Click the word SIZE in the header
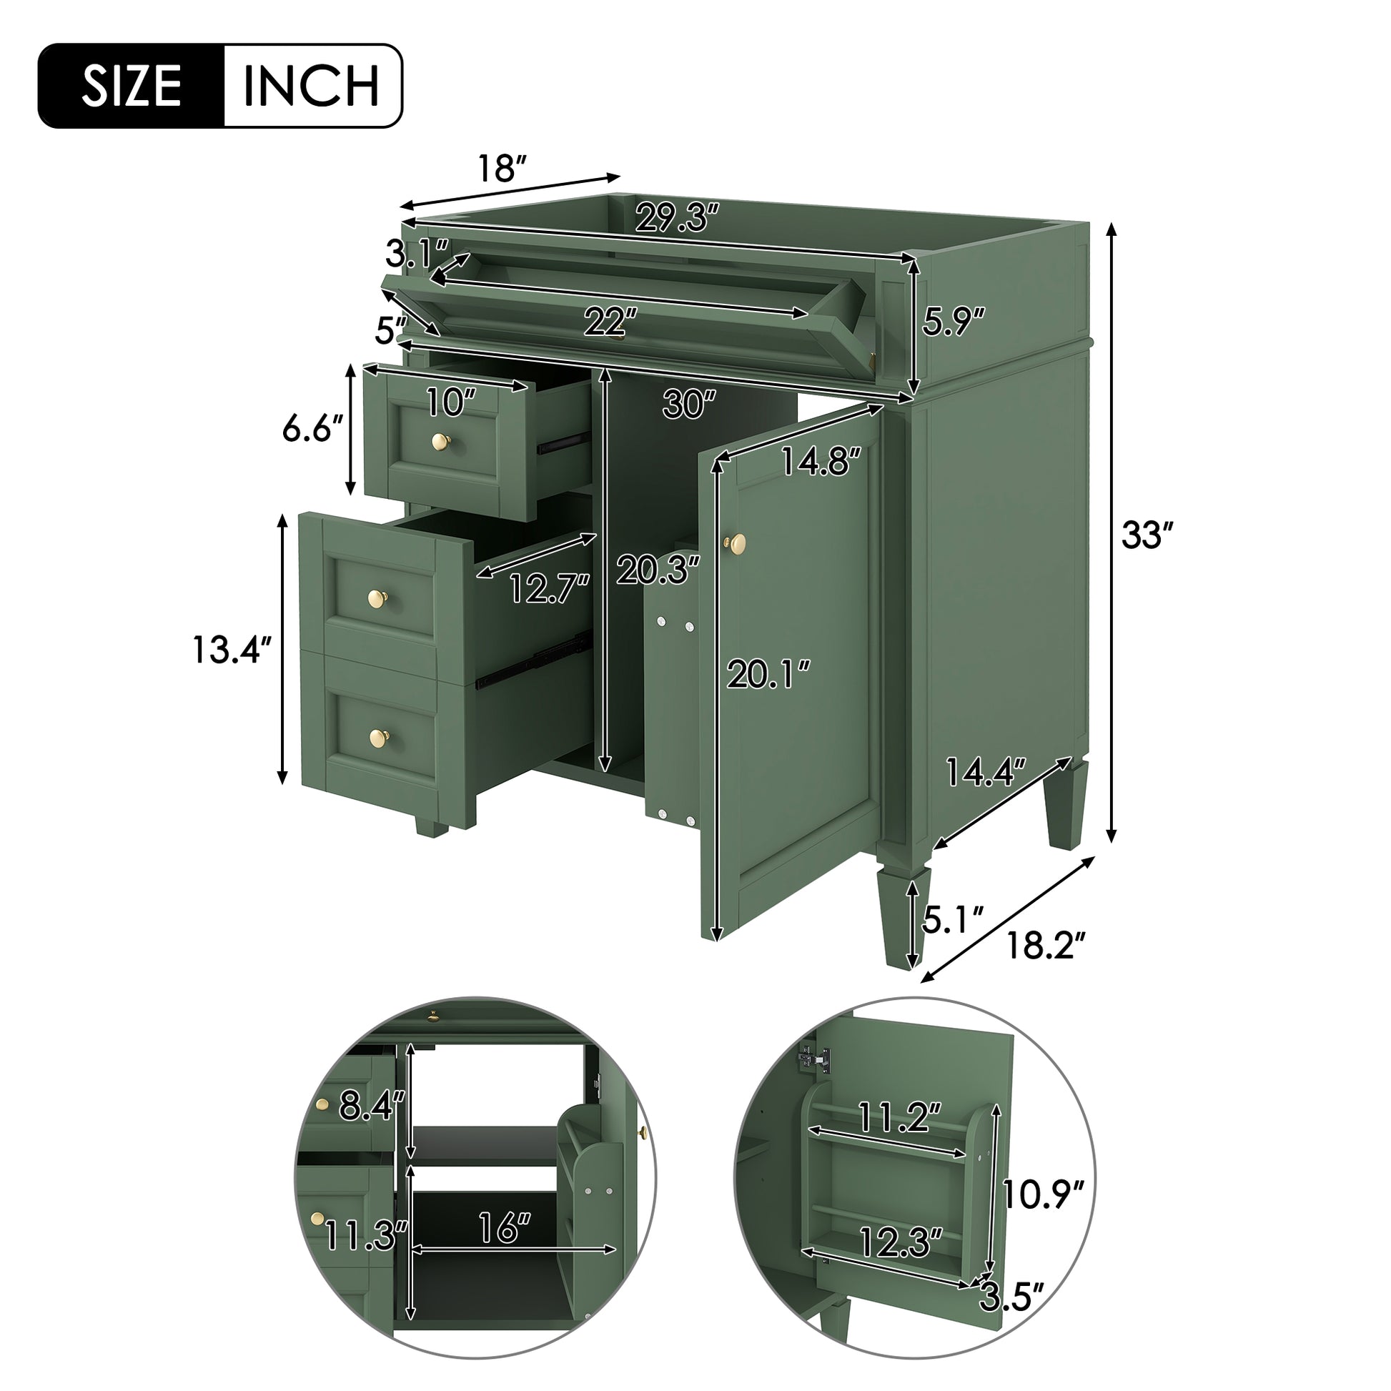131,86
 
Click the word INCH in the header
311,86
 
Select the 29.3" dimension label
677,217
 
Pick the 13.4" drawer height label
231,650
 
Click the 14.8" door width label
821,462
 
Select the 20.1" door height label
768,674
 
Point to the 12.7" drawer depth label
550,588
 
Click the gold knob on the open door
735,543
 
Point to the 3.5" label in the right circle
1011,1317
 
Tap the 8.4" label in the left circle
372,1104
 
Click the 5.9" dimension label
953,321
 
